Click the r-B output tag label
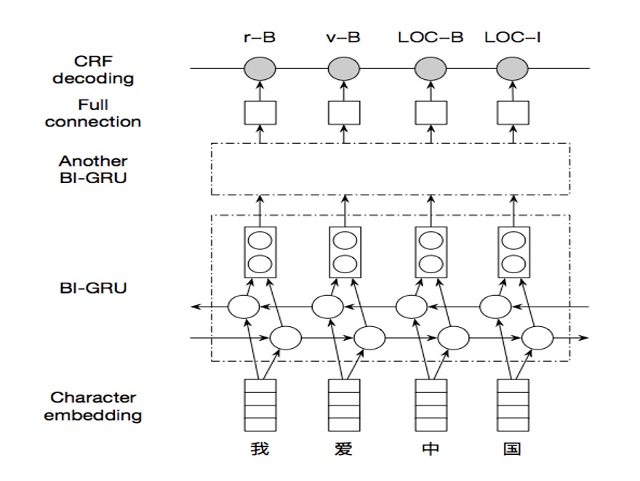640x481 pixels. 260,38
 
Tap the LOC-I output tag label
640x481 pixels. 513,38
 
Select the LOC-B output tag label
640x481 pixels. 431,38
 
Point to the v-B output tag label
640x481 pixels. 343,38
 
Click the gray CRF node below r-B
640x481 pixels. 260,68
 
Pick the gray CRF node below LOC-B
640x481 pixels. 431,68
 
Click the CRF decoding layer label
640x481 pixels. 93,70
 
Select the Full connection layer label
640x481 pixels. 93,113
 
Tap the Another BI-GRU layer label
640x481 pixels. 93,169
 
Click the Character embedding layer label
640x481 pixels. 93,406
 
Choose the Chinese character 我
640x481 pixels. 260,449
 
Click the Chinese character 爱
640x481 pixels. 343,449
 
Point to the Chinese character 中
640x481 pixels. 431,449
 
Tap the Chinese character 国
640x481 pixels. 512,449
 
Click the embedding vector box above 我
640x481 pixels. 260,405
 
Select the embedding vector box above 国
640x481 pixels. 513,405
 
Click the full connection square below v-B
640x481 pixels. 344,113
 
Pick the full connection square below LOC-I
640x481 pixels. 513,113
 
